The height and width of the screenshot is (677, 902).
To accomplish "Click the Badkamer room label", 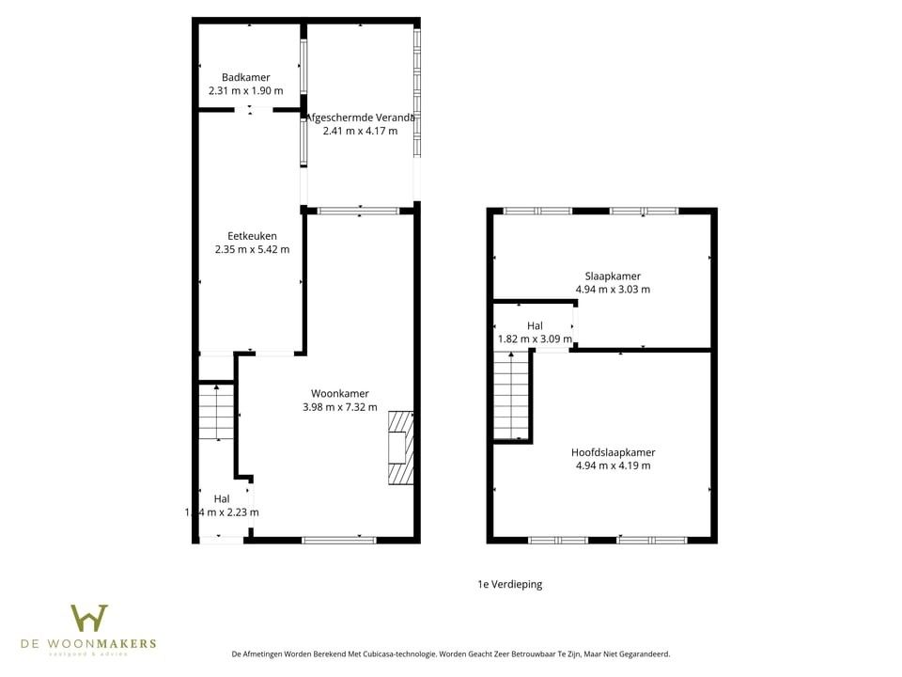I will tap(246, 77).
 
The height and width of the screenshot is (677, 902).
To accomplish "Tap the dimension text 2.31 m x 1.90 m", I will tap(246, 91).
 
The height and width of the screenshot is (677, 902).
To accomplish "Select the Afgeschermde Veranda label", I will tap(360, 118).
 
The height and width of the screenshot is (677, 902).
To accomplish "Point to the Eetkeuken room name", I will tap(252, 236).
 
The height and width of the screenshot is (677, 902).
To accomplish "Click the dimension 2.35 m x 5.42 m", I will tap(252, 250).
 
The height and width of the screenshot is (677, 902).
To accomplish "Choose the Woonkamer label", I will tap(340, 393).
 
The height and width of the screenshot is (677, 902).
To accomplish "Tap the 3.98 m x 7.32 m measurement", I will tap(340, 407).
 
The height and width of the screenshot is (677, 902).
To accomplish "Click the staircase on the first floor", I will tap(511, 395).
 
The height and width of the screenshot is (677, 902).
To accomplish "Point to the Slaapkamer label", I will tap(613, 276).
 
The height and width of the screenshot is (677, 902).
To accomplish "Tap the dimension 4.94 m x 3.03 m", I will tap(613, 290).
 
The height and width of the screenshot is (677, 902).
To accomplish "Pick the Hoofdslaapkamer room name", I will tap(613, 451).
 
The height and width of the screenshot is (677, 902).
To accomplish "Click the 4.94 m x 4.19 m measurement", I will tap(613, 465).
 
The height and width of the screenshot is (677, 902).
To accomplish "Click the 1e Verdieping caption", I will tap(509, 584).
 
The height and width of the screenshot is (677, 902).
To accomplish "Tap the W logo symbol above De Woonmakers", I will tap(89, 618).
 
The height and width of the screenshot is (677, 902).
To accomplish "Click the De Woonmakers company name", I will tap(89, 644).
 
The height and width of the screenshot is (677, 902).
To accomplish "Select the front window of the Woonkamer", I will tap(339, 540).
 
